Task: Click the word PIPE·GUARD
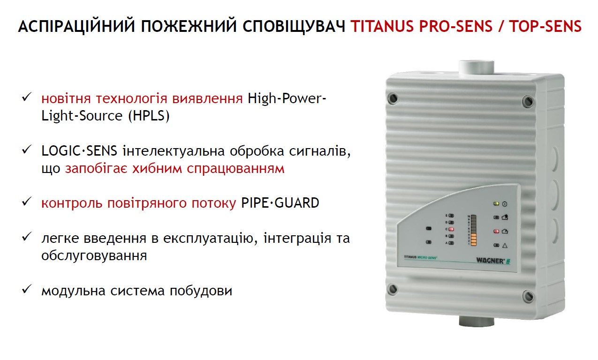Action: pos(280,203)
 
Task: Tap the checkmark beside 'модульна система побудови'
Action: pos(26,290)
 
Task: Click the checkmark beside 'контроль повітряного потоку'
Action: pos(26,202)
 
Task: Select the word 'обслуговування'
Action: pos(94,256)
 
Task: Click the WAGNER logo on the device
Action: pos(490,261)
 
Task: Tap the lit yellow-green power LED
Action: pos(496,204)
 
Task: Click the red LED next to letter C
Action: pos(452,229)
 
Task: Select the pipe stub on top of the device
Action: pos(476,67)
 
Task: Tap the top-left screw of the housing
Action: pos(393,98)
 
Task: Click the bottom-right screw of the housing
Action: pos(529,296)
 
